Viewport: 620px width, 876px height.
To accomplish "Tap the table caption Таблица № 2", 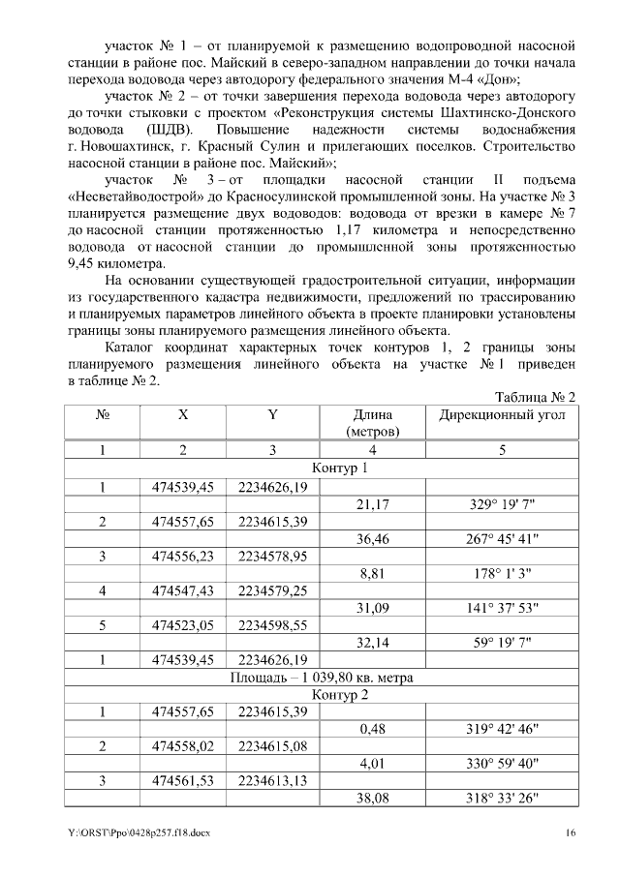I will pyautogui.click(x=535, y=397).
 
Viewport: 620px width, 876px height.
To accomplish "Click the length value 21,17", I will pyautogui.click(x=372, y=504).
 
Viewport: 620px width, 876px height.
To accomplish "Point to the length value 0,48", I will pyautogui.click(x=372, y=729).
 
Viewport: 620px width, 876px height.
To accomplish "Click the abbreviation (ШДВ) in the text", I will pyautogui.click(x=173, y=130).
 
